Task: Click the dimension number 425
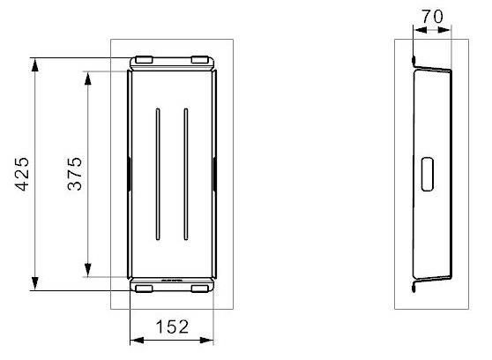(x=22, y=174)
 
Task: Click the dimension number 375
(x=75, y=174)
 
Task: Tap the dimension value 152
(x=172, y=326)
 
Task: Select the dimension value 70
(x=432, y=17)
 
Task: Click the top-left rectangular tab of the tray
(x=144, y=60)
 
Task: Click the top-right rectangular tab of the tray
(x=200, y=60)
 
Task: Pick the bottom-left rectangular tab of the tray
(x=144, y=289)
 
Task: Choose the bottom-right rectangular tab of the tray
(x=200, y=289)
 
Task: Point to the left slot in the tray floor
(x=158, y=175)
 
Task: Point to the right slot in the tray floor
(x=186, y=175)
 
